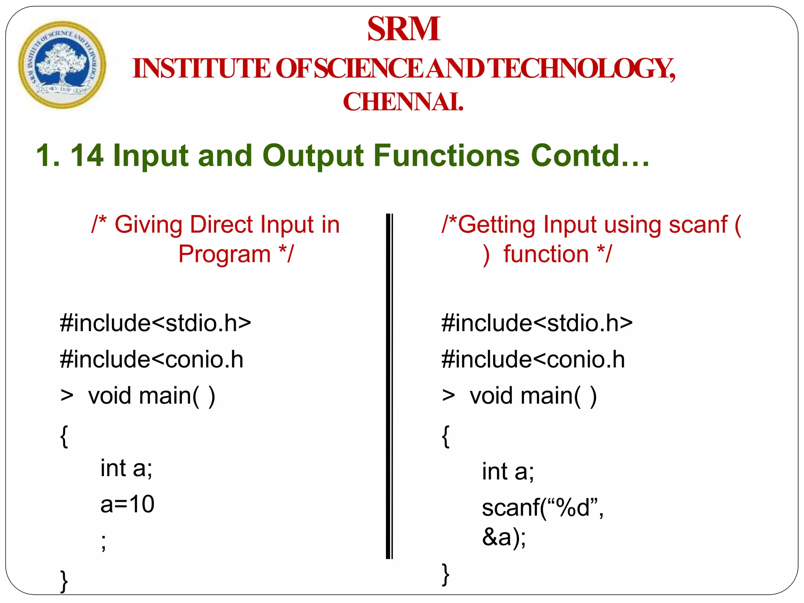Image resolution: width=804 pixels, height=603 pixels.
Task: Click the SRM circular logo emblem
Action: [x=62, y=65]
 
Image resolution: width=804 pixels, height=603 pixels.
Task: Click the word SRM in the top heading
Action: [x=404, y=29]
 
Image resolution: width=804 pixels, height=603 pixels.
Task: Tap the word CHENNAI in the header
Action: [x=403, y=102]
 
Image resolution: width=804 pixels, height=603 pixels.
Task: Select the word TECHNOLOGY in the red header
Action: [x=583, y=69]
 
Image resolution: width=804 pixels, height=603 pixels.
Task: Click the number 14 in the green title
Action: [x=87, y=155]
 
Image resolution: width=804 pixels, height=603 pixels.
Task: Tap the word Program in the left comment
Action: [x=225, y=254]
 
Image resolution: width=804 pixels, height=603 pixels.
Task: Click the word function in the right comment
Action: [x=546, y=254]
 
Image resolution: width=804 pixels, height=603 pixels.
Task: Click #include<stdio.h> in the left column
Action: [x=155, y=323]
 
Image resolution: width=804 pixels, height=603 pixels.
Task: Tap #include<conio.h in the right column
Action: [x=533, y=360]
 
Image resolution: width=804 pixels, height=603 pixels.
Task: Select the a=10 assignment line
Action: [x=127, y=504]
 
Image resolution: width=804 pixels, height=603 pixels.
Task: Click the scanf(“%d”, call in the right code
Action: [x=543, y=508]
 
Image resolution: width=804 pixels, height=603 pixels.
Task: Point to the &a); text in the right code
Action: [x=504, y=537]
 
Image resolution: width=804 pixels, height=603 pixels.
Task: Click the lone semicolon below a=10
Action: [x=103, y=542]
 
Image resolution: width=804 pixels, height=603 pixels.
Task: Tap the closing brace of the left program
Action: [x=64, y=581]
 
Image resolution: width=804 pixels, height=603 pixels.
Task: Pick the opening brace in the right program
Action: [x=446, y=436]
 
